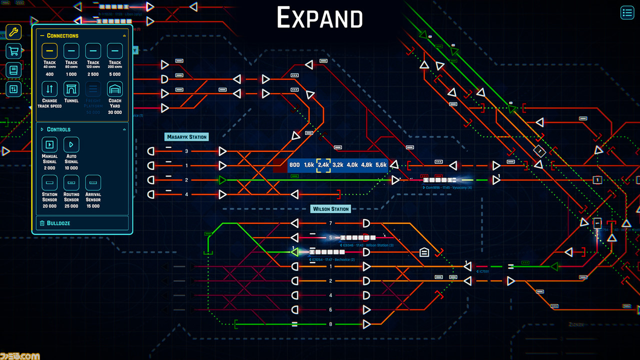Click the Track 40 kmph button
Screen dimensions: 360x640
click(49, 51)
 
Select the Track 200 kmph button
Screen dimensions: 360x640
click(115, 51)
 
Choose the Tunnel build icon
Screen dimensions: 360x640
click(71, 89)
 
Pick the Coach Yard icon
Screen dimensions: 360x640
click(115, 89)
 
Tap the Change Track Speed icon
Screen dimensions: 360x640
click(49, 89)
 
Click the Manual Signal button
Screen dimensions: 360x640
click(49, 144)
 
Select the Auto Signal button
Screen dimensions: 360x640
click(71, 144)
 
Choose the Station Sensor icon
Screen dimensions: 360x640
click(49, 182)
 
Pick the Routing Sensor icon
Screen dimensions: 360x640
click(71, 182)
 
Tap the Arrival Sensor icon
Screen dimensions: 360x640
click(93, 182)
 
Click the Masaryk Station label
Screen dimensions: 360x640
click(186, 136)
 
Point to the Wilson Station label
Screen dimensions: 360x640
click(330, 209)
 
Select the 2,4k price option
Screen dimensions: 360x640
click(323, 165)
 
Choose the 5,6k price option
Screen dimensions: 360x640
click(381, 165)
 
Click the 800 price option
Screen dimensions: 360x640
click(294, 165)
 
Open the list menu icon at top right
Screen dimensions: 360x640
click(627, 12)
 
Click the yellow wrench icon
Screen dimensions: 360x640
click(13, 32)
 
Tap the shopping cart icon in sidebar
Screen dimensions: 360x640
click(13, 51)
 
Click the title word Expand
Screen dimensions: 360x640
click(319, 18)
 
